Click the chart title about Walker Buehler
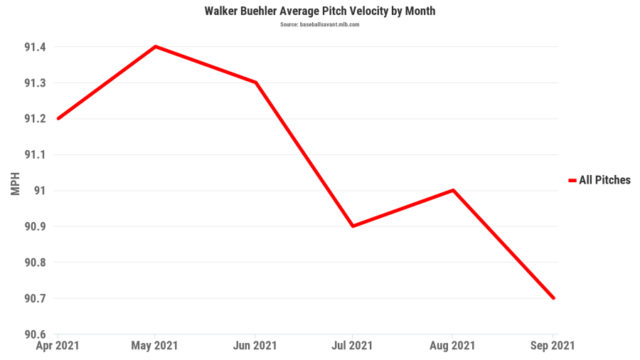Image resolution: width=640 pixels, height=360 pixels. click(319, 11)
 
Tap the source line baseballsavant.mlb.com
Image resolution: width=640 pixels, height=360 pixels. click(319, 24)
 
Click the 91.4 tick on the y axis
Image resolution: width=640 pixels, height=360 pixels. click(35, 47)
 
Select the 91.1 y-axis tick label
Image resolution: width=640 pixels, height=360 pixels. click(35, 154)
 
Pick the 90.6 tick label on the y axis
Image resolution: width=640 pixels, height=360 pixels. click(35, 334)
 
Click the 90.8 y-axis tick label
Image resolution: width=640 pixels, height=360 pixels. click(35, 263)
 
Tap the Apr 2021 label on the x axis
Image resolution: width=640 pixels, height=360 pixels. click(58, 346)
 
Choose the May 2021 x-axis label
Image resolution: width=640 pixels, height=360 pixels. click(156, 346)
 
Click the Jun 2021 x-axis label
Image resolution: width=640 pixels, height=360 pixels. click(255, 346)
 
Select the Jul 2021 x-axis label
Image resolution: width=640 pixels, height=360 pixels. click(353, 346)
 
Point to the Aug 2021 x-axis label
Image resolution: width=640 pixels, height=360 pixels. click(453, 346)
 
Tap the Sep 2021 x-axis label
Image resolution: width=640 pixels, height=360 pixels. click(553, 346)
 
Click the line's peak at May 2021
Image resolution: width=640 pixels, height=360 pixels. click(156, 47)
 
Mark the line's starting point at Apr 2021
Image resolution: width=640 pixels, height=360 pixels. click(58, 118)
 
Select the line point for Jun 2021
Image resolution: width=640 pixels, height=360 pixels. click(255, 83)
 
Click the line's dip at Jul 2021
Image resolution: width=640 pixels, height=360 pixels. click(353, 226)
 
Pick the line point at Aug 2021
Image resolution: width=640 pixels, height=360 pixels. click(453, 190)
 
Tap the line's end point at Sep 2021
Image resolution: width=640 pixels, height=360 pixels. click(553, 297)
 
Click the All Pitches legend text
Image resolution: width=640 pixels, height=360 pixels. click(604, 181)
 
